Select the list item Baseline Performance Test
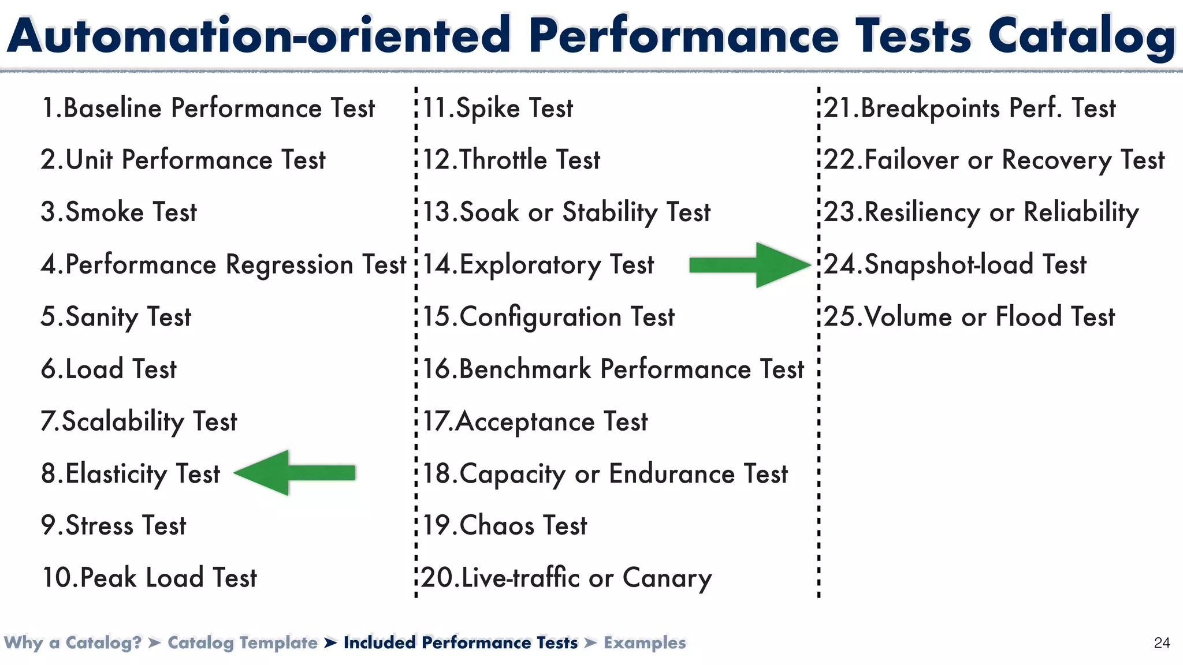tap(208, 109)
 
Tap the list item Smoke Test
tap(119, 212)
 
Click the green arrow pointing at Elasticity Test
tap(295, 473)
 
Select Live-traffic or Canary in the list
tap(567, 578)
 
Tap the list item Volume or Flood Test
tap(969, 317)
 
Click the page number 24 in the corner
tap(1162, 643)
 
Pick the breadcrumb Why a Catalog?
tap(73, 642)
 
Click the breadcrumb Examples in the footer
tap(645, 642)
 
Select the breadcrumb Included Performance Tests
tap(460, 642)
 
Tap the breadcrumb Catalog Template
tap(243, 642)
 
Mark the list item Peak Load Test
tap(149, 578)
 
